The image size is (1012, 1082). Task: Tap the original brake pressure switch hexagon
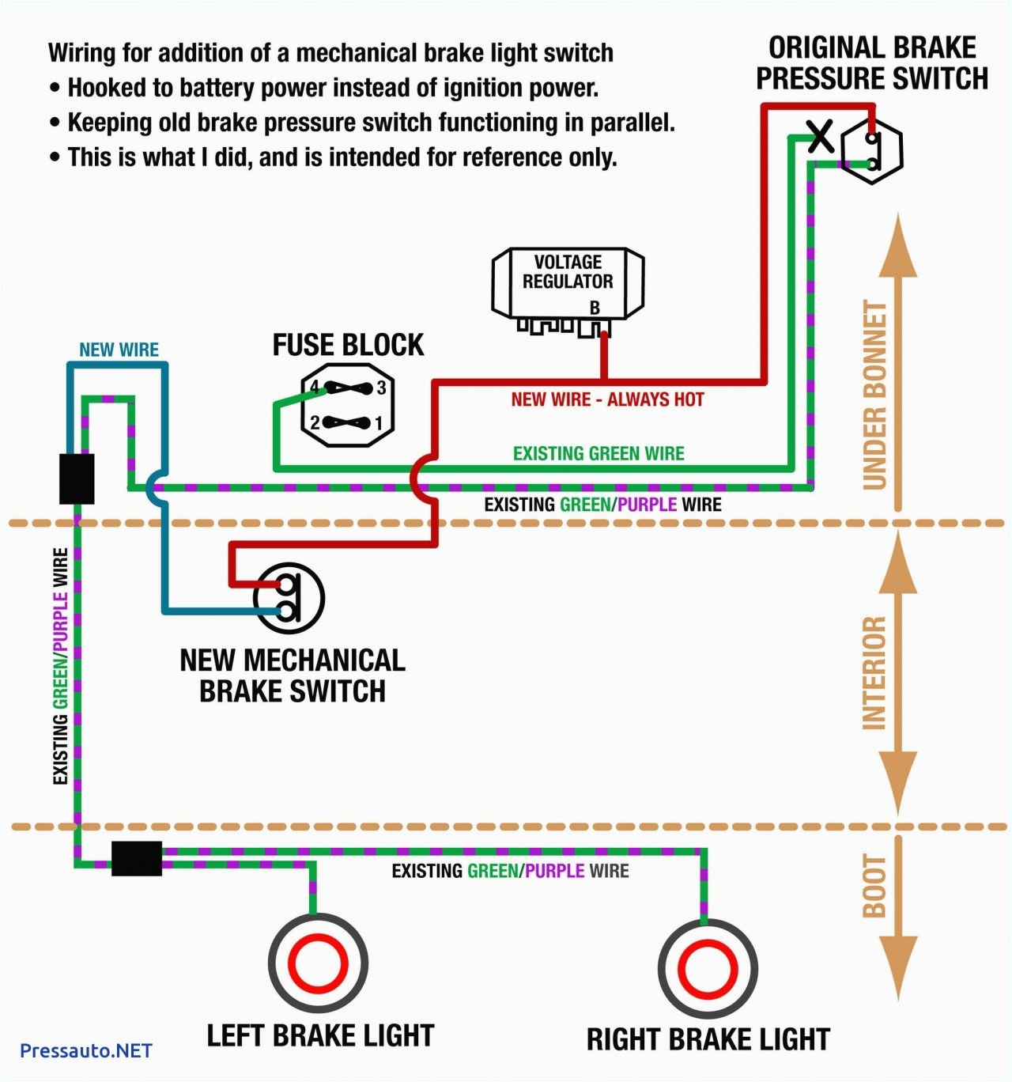(x=871, y=151)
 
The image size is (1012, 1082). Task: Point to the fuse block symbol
(x=348, y=405)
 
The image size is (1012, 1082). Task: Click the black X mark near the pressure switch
(x=821, y=137)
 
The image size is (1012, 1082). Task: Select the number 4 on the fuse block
(x=314, y=388)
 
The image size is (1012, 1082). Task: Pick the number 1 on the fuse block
(x=379, y=423)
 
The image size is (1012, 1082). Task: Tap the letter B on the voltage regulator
(x=595, y=308)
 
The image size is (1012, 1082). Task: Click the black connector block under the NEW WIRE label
(x=77, y=479)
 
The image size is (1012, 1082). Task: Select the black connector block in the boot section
(x=137, y=858)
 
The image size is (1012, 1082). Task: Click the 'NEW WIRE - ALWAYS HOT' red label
(x=607, y=399)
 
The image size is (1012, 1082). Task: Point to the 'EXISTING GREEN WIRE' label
(x=599, y=453)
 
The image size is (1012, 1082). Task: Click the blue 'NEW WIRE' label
(x=119, y=350)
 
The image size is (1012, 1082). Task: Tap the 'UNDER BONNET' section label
(x=875, y=395)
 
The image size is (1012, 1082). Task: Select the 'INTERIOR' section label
(x=874, y=673)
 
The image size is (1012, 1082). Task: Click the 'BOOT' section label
(x=874, y=886)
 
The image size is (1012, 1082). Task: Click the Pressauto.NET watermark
(x=85, y=1050)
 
